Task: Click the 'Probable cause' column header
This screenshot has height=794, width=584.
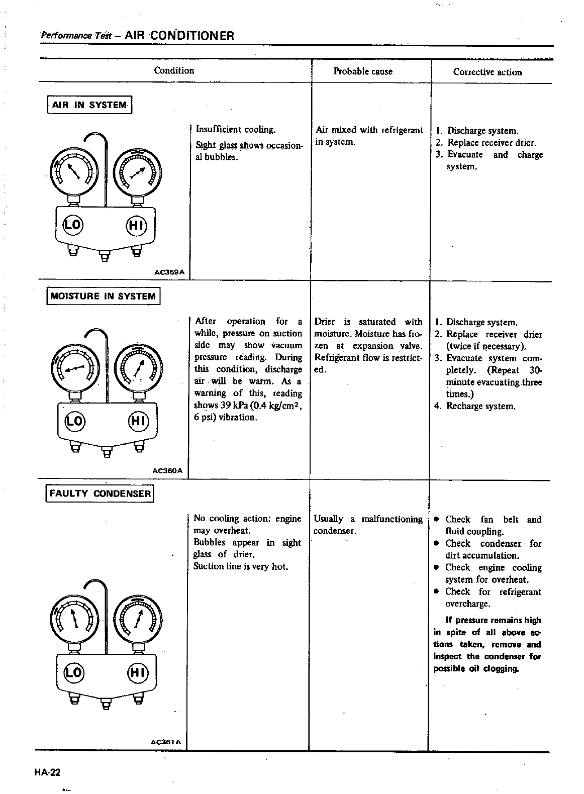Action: click(363, 71)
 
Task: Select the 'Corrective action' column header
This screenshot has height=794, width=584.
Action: click(488, 72)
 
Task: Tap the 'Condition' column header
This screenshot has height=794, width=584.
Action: click(174, 70)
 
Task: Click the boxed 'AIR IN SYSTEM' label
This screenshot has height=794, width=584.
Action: click(89, 105)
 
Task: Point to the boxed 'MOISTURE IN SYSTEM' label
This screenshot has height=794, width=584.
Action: click(103, 296)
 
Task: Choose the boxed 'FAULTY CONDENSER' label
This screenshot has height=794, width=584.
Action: click(100, 493)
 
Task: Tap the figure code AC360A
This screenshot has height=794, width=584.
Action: click(169, 471)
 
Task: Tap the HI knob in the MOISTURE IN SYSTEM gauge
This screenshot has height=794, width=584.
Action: click(137, 419)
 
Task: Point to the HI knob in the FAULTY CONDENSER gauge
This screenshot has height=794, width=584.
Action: click(137, 672)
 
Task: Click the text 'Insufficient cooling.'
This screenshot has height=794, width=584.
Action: click(235, 130)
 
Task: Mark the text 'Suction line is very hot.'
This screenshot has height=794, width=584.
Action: click(240, 566)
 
